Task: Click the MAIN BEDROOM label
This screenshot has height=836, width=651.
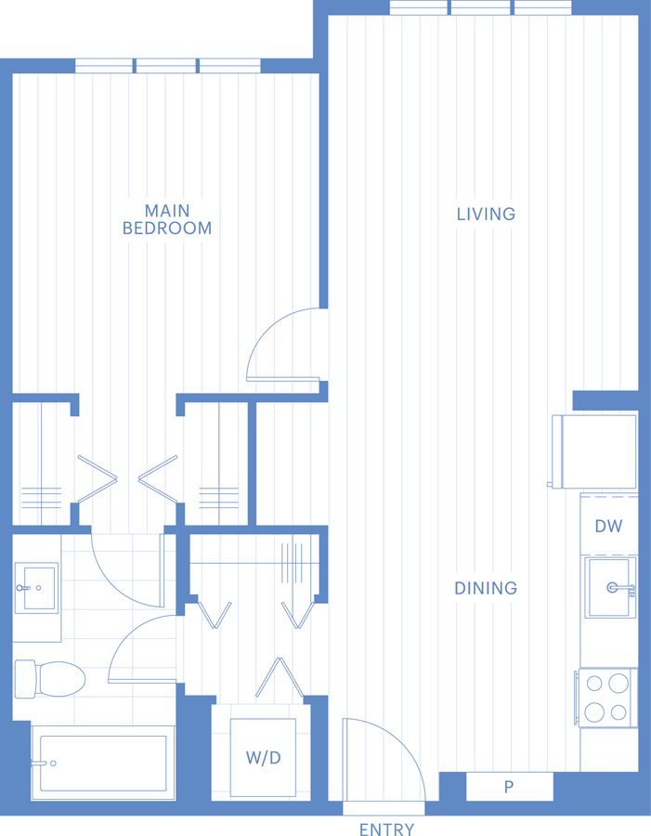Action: (167, 219)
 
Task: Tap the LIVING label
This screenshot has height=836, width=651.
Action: (486, 214)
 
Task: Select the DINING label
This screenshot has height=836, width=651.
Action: (486, 588)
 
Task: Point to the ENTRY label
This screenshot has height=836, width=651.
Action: (386, 829)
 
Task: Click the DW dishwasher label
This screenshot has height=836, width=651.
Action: (608, 527)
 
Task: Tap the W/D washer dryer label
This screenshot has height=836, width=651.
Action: (264, 758)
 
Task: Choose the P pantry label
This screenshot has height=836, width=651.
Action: (509, 787)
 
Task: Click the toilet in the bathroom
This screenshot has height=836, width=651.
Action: (50, 679)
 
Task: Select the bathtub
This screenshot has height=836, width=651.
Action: (103, 763)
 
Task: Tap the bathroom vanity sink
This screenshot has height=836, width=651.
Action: (35, 588)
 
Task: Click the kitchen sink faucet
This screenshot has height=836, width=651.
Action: (620, 588)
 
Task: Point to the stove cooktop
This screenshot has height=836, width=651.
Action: (606, 698)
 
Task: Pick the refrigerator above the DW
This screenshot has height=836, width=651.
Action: (594, 451)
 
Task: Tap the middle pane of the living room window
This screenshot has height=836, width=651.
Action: (480, 8)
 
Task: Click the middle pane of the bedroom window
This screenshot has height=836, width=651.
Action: (166, 66)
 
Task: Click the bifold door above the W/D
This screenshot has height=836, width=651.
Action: (280, 677)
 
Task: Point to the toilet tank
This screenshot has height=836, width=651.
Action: (24, 679)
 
